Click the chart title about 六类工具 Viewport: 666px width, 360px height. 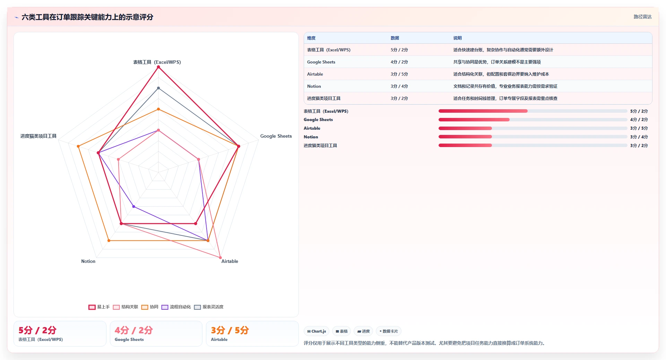pos(87,17)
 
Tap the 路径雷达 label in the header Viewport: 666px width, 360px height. pos(642,17)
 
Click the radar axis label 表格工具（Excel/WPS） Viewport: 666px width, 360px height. pos(157,62)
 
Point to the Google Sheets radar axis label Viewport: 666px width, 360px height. pos(276,136)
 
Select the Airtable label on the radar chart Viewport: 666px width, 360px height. pos(230,261)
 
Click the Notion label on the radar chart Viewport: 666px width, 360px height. pos(88,261)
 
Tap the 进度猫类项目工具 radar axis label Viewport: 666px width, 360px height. pos(38,136)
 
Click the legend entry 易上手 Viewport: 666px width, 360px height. pos(99,307)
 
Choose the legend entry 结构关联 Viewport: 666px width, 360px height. pos(126,307)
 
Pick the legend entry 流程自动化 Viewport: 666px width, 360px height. pos(176,307)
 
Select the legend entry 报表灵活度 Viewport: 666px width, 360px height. pos(209,307)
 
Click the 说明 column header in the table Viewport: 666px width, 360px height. pos(457,38)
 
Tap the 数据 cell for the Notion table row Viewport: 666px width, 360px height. pos(399,86)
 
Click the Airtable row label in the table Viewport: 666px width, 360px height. pos(315,74)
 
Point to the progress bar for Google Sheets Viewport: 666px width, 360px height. pos(533,120)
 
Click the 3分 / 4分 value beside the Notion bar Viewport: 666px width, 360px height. pos(639,137)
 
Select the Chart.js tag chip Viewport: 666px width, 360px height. pos(317,331)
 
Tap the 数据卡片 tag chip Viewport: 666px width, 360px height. pos(388,331)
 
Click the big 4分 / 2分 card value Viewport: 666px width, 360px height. pos(133,330)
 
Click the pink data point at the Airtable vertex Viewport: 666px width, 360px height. pos(220,258)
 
